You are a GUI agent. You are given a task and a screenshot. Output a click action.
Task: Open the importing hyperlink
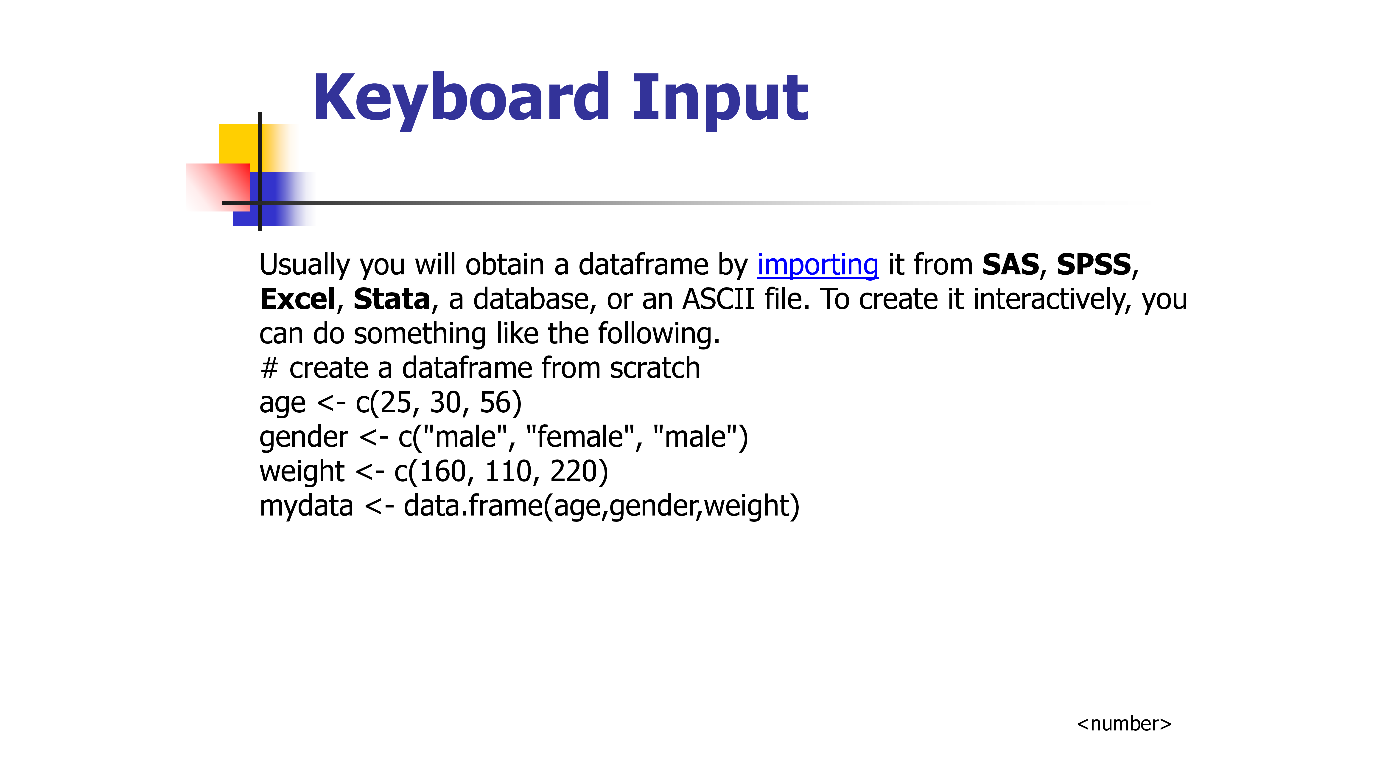coord(818,266)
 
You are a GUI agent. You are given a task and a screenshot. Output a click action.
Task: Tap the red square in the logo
coord(218,187)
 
